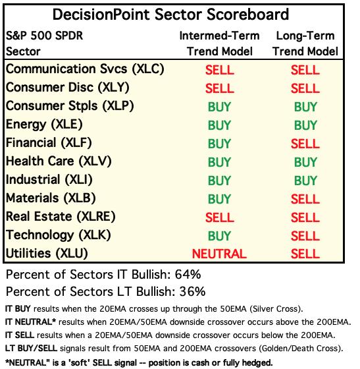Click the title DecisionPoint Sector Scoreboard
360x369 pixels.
(170, 14)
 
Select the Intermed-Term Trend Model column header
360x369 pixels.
(219, 43)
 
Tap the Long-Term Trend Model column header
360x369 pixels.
(305, 43)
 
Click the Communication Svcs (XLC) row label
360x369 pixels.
(85, 69)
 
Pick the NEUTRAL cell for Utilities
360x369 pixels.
(219, 254)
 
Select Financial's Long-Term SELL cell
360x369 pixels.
(305, 144)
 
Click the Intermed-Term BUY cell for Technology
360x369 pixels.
(219, 236)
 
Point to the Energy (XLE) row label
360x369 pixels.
(44, 125)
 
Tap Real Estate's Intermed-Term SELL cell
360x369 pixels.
(219, 217)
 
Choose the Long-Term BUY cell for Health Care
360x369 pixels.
(305, 162)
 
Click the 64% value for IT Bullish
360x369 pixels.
(188, 274)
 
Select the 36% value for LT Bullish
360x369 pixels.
(192, 291)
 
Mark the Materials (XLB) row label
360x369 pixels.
(51, 198)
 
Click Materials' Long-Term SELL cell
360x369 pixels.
(305, 199)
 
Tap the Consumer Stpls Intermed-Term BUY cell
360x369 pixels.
(219, 107)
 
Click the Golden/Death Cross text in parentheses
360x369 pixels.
(300, 349)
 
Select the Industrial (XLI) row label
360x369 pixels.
(49, 180)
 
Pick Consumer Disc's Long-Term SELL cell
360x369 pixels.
(305, 88)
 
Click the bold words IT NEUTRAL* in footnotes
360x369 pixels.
(30, 322)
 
